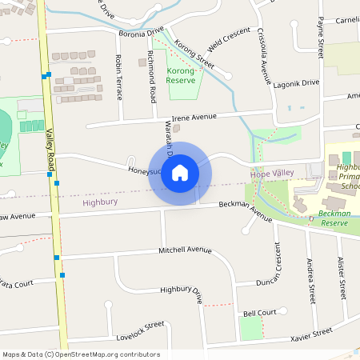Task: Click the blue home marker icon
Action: pyautogui.click(x=180, y=172)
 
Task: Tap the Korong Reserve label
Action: pyautogui.click(x=182, y=76)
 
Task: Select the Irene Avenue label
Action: pyautogui.click(x=195, y=117)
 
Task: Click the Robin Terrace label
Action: pyautogui.click(x=118, y=77)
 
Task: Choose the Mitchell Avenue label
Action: pyautogui.click(x=185, y=250)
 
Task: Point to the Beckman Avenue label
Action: pyautogui.click(x=246, y=210)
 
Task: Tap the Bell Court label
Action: pyautogui.click(x=259, y=312)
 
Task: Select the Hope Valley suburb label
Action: pyautogui.click(x=268, y=174)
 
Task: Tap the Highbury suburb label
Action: pyautogui.click(x=100, y=203)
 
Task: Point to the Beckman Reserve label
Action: pyautogui.click(x=335, y=218)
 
